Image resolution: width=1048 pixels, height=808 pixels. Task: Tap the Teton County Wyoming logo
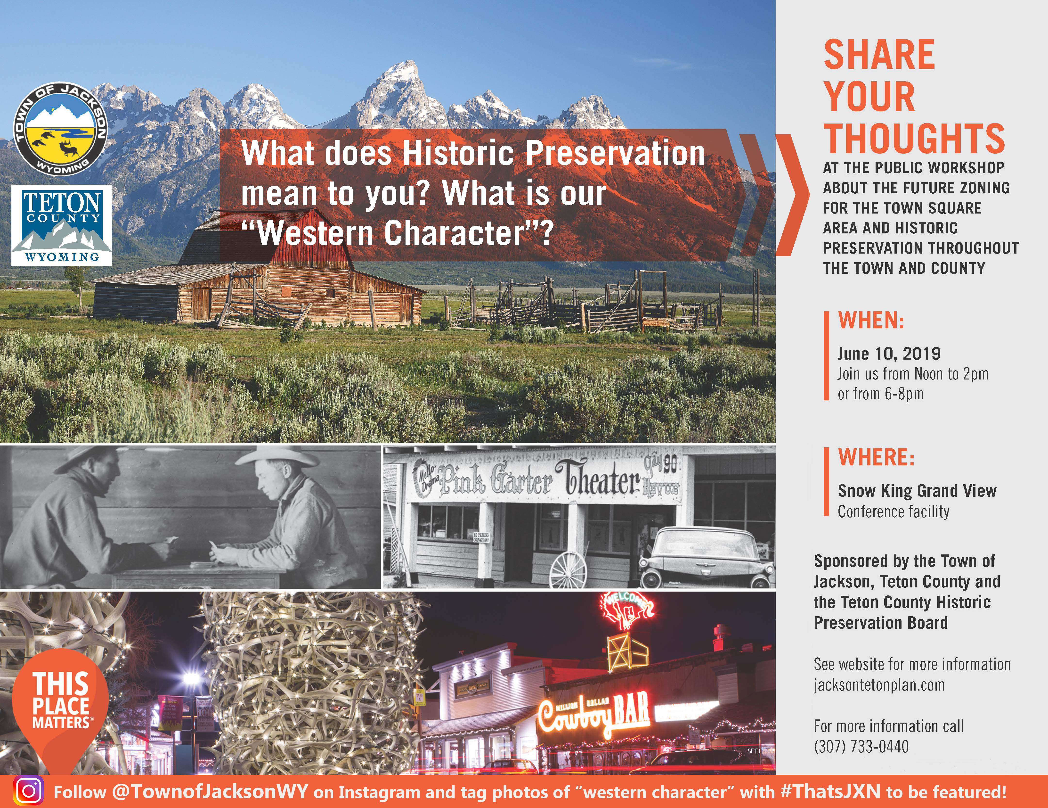(x=62, y=226)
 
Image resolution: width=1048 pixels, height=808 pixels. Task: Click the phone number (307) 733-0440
(x=861, y=747)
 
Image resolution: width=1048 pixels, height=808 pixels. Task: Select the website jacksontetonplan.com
(x=879, y=684)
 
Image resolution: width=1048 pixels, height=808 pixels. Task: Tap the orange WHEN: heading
(x=871, y=320)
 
